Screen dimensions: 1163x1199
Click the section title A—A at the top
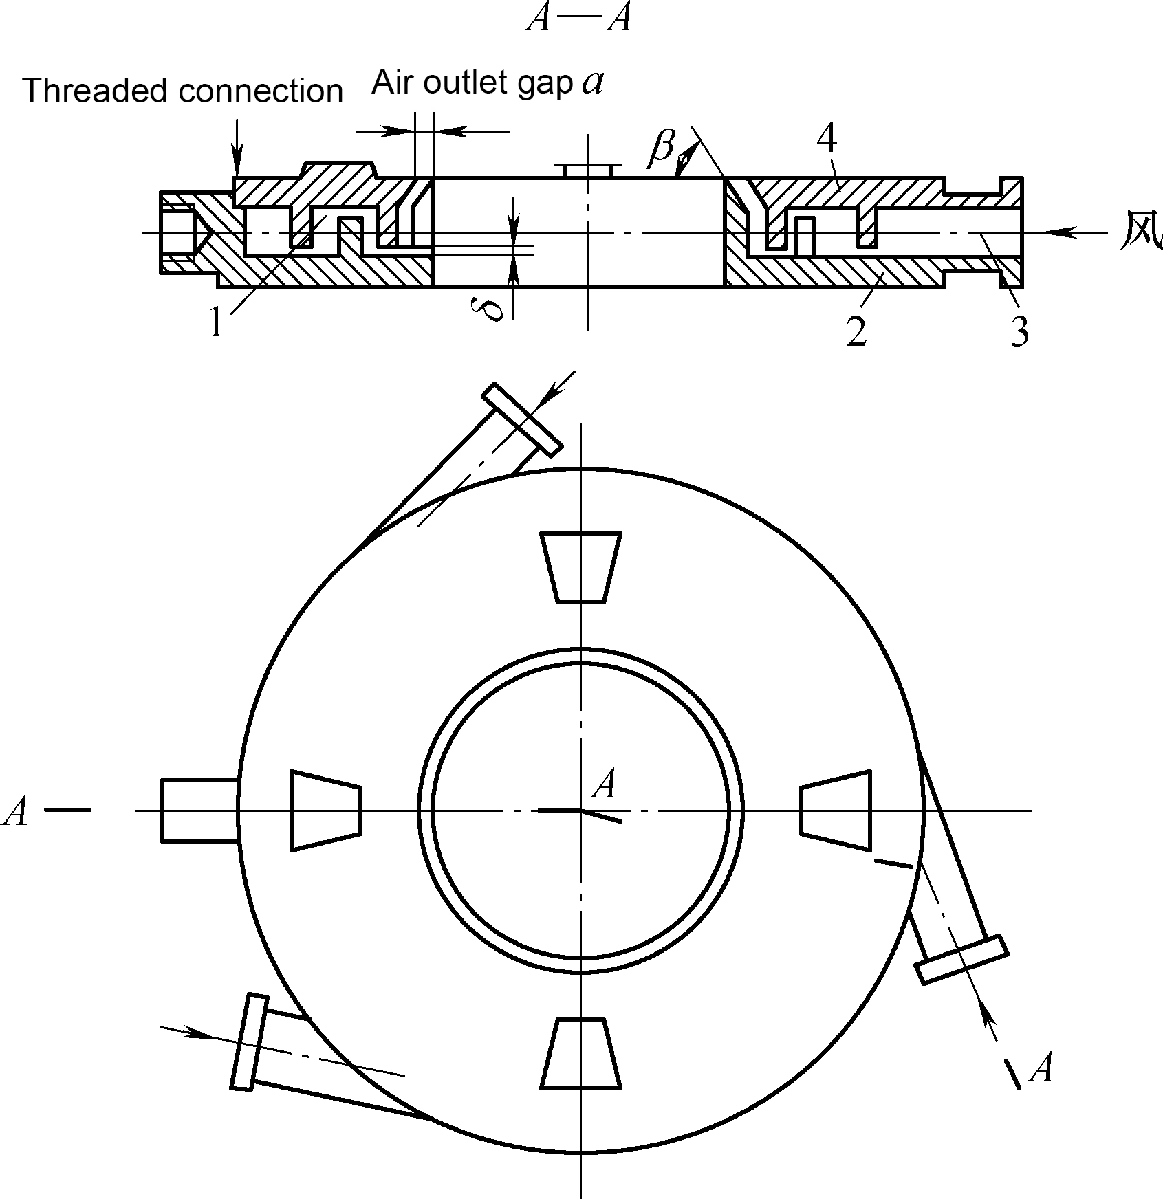pyautogui.click(x=578, y=19)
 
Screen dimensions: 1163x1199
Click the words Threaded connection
pyautogui.click(x=182, y=91)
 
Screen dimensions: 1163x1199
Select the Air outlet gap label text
pyautogui.click(x=472, y=83)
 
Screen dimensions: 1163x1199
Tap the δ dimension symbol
pyautogui.click(x=494, y=307)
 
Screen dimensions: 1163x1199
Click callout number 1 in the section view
pyautogui.click(x=217, y=322)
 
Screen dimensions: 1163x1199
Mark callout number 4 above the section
pyautogui.click(x=827, y=140)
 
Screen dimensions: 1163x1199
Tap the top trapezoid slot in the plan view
pyautogui.click(x=580, y=567)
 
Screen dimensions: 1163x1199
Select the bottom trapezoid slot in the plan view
pyautogui.click(x=580, y=1054)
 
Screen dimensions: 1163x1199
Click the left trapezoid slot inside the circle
pyautogui.click(x=326, y=811)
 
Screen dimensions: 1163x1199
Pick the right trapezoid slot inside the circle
pyautogui.click(x=836, y=811)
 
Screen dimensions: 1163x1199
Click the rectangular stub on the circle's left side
pyautogui.click(x=200, y=811)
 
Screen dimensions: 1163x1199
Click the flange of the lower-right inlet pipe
pyautogui.click(x=961, y=959)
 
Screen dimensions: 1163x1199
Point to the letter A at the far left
pyautogui.click(x=16, y=812)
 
